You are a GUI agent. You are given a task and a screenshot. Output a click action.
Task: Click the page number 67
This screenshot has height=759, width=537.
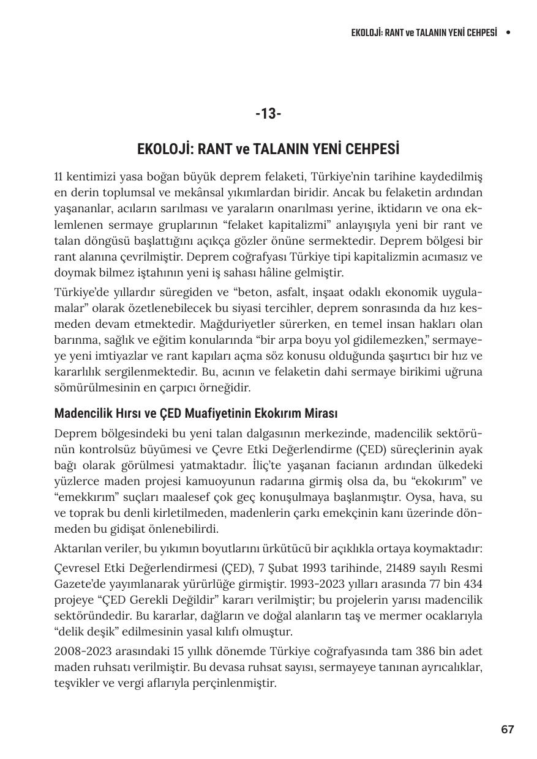point(507,729)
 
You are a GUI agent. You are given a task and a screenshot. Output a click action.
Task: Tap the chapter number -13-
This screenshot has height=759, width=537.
point(268,114)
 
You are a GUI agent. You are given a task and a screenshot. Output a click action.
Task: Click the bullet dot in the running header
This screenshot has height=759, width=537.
point(508,32)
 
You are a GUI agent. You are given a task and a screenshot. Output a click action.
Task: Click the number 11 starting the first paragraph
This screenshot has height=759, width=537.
point(59,177)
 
